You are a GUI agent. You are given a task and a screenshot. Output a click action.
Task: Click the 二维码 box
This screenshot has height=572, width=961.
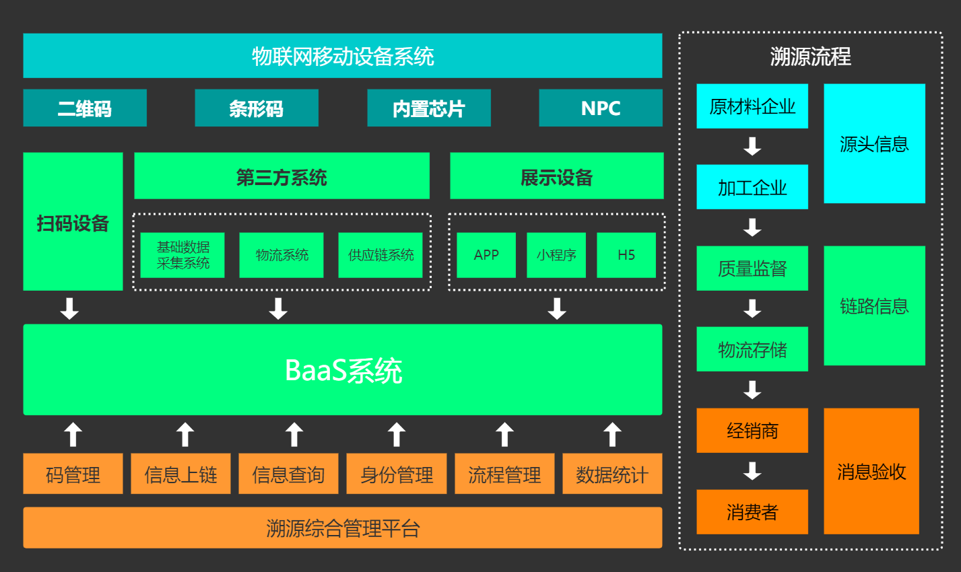(85, 108)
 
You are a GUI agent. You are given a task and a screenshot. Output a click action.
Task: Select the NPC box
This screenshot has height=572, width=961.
(601, 108)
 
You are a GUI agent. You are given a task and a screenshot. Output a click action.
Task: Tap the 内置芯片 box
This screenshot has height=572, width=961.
(429, 108)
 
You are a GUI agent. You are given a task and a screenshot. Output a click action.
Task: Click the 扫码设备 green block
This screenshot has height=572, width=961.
(73, 222)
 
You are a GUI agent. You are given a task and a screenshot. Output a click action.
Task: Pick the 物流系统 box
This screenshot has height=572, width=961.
(281, 255)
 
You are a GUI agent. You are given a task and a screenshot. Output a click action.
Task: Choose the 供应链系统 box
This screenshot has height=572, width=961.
(380, 255)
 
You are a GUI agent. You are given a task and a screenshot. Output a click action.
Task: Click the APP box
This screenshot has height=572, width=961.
(486, 255)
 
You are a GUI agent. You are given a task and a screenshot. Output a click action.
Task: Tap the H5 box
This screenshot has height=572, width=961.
(626, 255)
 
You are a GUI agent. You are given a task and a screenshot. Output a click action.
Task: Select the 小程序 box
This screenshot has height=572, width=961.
(556, 255)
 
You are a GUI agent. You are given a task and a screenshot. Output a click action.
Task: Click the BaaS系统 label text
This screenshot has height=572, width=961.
(343, 370)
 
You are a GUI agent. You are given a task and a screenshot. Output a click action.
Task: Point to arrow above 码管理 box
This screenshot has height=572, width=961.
(73, 435)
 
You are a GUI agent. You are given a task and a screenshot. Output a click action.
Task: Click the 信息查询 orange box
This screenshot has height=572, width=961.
(288, 474)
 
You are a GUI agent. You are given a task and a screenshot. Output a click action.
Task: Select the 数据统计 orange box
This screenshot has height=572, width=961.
(612, 474)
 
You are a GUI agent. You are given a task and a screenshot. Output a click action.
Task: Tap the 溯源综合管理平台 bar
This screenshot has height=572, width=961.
(343, 528)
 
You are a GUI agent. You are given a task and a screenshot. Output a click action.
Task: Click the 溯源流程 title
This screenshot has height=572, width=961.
(810, 57)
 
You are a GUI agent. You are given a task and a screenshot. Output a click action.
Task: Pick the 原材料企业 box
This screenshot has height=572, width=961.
(752, 106)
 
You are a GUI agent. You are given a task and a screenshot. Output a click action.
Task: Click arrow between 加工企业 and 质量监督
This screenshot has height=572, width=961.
(752, 227)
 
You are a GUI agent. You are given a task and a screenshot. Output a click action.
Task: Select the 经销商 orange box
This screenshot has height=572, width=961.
(752, 431)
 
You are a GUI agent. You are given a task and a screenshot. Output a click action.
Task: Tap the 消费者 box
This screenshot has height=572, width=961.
(752, 512)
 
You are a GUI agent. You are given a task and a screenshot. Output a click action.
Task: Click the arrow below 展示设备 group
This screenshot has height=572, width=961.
(557, 309)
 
